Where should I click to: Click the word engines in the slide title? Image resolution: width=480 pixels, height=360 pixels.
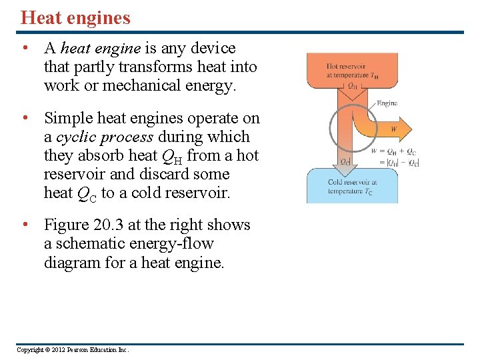pos(99,19)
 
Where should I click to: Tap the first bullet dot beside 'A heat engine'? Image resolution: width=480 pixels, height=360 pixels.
pos(25,48)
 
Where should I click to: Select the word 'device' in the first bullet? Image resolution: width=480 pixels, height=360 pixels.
pos(213,48)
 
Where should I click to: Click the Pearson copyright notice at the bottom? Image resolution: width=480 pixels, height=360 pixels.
pos(73,349)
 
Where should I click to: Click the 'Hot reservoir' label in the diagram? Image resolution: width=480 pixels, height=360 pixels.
pos(342,67)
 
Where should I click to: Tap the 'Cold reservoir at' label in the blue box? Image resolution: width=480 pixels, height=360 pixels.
pos(352,182)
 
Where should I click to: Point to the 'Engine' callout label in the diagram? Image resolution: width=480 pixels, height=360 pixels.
pos(387,103)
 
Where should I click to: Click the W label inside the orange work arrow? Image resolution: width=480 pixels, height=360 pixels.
pos(393,129)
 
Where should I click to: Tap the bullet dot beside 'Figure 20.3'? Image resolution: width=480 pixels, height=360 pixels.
pos(25,225)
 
